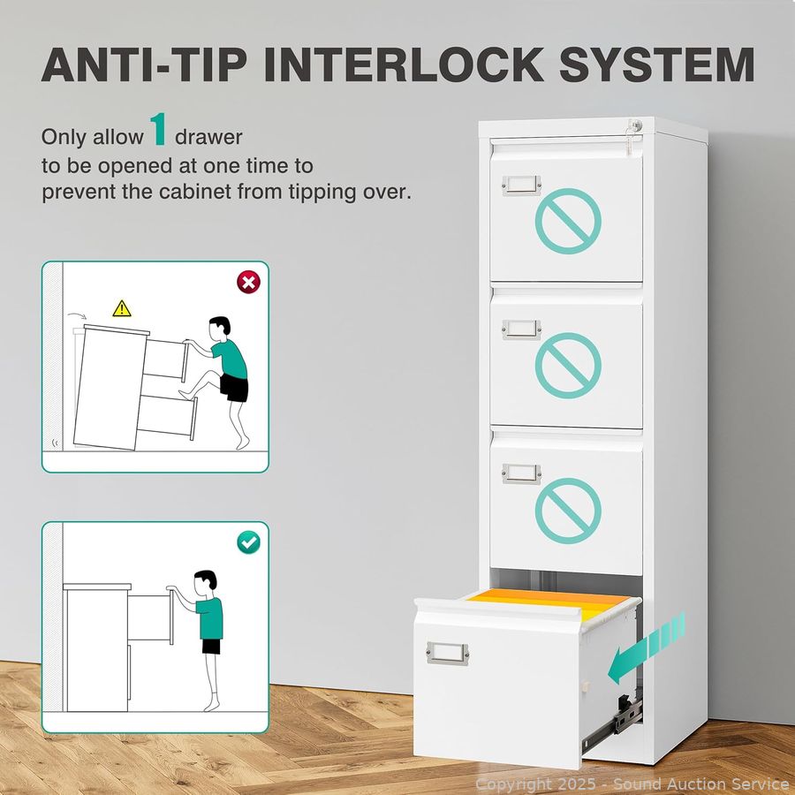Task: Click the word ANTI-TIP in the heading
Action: tap(144, 64)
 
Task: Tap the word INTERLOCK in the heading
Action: tap(404, 64)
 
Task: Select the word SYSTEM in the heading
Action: tap(657, 64)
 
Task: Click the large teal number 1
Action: tap(159, 129)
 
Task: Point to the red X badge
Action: tap(248, 282)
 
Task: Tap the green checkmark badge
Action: tap(248, 542)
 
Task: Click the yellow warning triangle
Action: tap(122, 309)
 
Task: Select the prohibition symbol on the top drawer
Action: tap(568, 221)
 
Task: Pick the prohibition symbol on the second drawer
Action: tap(568, 366)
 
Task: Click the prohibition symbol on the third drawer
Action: tap(568, 511)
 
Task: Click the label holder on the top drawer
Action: tap(522, 185)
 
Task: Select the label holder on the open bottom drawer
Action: tap(447, 653)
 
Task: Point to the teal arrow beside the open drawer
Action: tap(646, 648)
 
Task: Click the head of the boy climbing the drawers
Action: tap(220, 329)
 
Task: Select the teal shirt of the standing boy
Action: tap(210, 617)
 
